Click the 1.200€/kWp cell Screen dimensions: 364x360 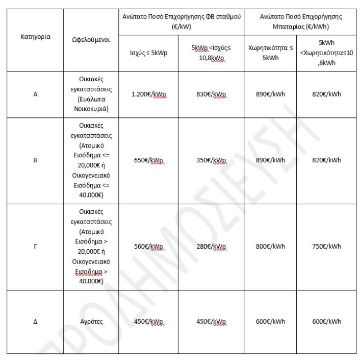(148, 94)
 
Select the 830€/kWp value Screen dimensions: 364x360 (211, 94)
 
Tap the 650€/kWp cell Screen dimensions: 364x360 (148, 160)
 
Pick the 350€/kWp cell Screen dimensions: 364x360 (211, 160)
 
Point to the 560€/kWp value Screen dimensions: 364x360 (148, 247)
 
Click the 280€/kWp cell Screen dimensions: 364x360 (211, 247)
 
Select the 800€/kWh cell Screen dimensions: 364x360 (270, 247)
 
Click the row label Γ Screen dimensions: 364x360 (35, 247)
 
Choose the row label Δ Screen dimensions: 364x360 (35, 322)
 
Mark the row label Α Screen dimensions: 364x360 (35, 94)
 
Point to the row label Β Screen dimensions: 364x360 (35, 160)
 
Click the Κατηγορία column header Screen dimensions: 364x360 (35, 37)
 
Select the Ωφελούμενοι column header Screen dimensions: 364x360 (92, 39)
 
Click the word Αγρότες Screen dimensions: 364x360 (92, 322)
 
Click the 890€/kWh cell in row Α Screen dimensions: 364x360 (270, 94)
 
